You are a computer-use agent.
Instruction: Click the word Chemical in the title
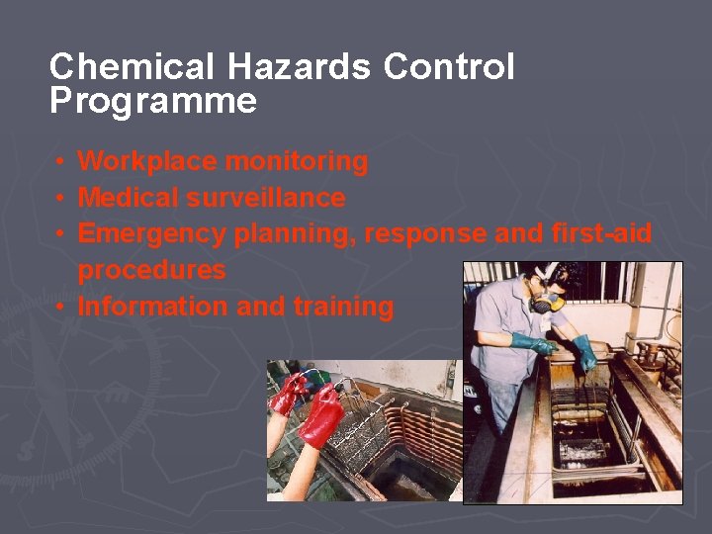[132, 67]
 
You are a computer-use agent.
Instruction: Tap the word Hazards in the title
[299, 67]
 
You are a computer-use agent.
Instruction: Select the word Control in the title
[449, 67]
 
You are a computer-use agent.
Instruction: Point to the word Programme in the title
[153, 102]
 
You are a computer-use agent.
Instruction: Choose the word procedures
[151, 270]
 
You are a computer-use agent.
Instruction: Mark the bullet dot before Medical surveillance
[61, 198]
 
